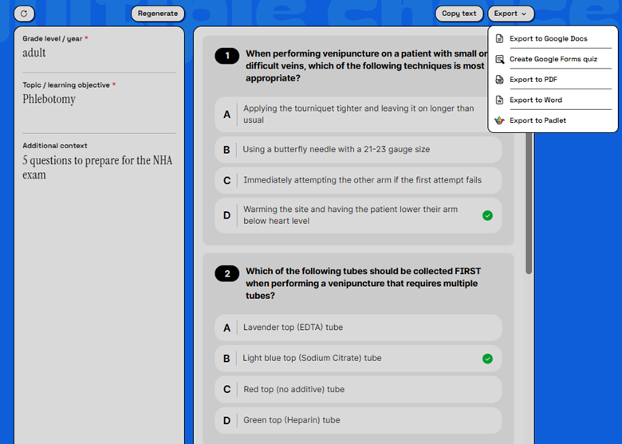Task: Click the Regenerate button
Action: click(x=157, y=14)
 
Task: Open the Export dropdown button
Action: click(x=510, y=14)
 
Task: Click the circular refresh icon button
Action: click(x=24, y=14)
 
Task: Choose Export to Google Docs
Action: click(x=548, y=39)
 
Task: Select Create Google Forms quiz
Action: click(x=553, y=59)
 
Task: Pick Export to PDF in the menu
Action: click(x=533, y=80)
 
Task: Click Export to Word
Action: click(x=535, y=100)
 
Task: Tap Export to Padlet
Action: click(x=537, y=120)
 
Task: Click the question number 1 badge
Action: click(x=227, y=56)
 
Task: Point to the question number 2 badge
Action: click(x=227, y=274)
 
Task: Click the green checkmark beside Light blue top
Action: click(x=487, y=359)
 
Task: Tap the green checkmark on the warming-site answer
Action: click(x=487, y=215)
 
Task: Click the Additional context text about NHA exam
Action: click(x=97, y=167)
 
